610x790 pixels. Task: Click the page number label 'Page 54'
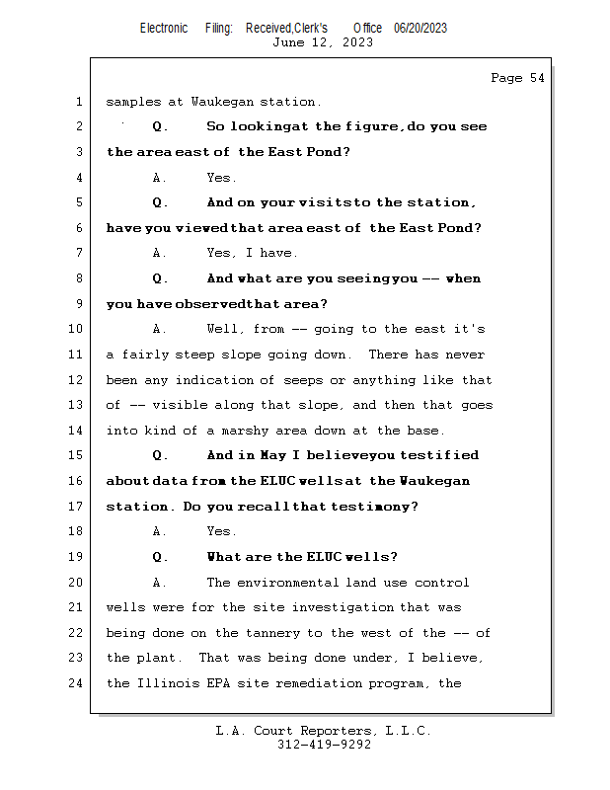pos(517,78)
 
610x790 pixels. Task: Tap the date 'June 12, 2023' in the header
pos(323,42)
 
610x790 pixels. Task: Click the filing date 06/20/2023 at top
pos(420,29)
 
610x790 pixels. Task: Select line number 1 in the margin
pos(78,102)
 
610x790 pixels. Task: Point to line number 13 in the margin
pos(75,405)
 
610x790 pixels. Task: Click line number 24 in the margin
pos(75,683)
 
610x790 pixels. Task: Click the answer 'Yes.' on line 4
pos(221,178)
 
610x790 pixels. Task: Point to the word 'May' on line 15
pos(272,456)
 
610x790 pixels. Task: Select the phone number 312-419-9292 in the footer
pos(324,746)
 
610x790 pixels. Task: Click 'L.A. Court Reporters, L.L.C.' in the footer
pos(324,731)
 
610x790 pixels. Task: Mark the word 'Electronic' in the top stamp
pos(164,29)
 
